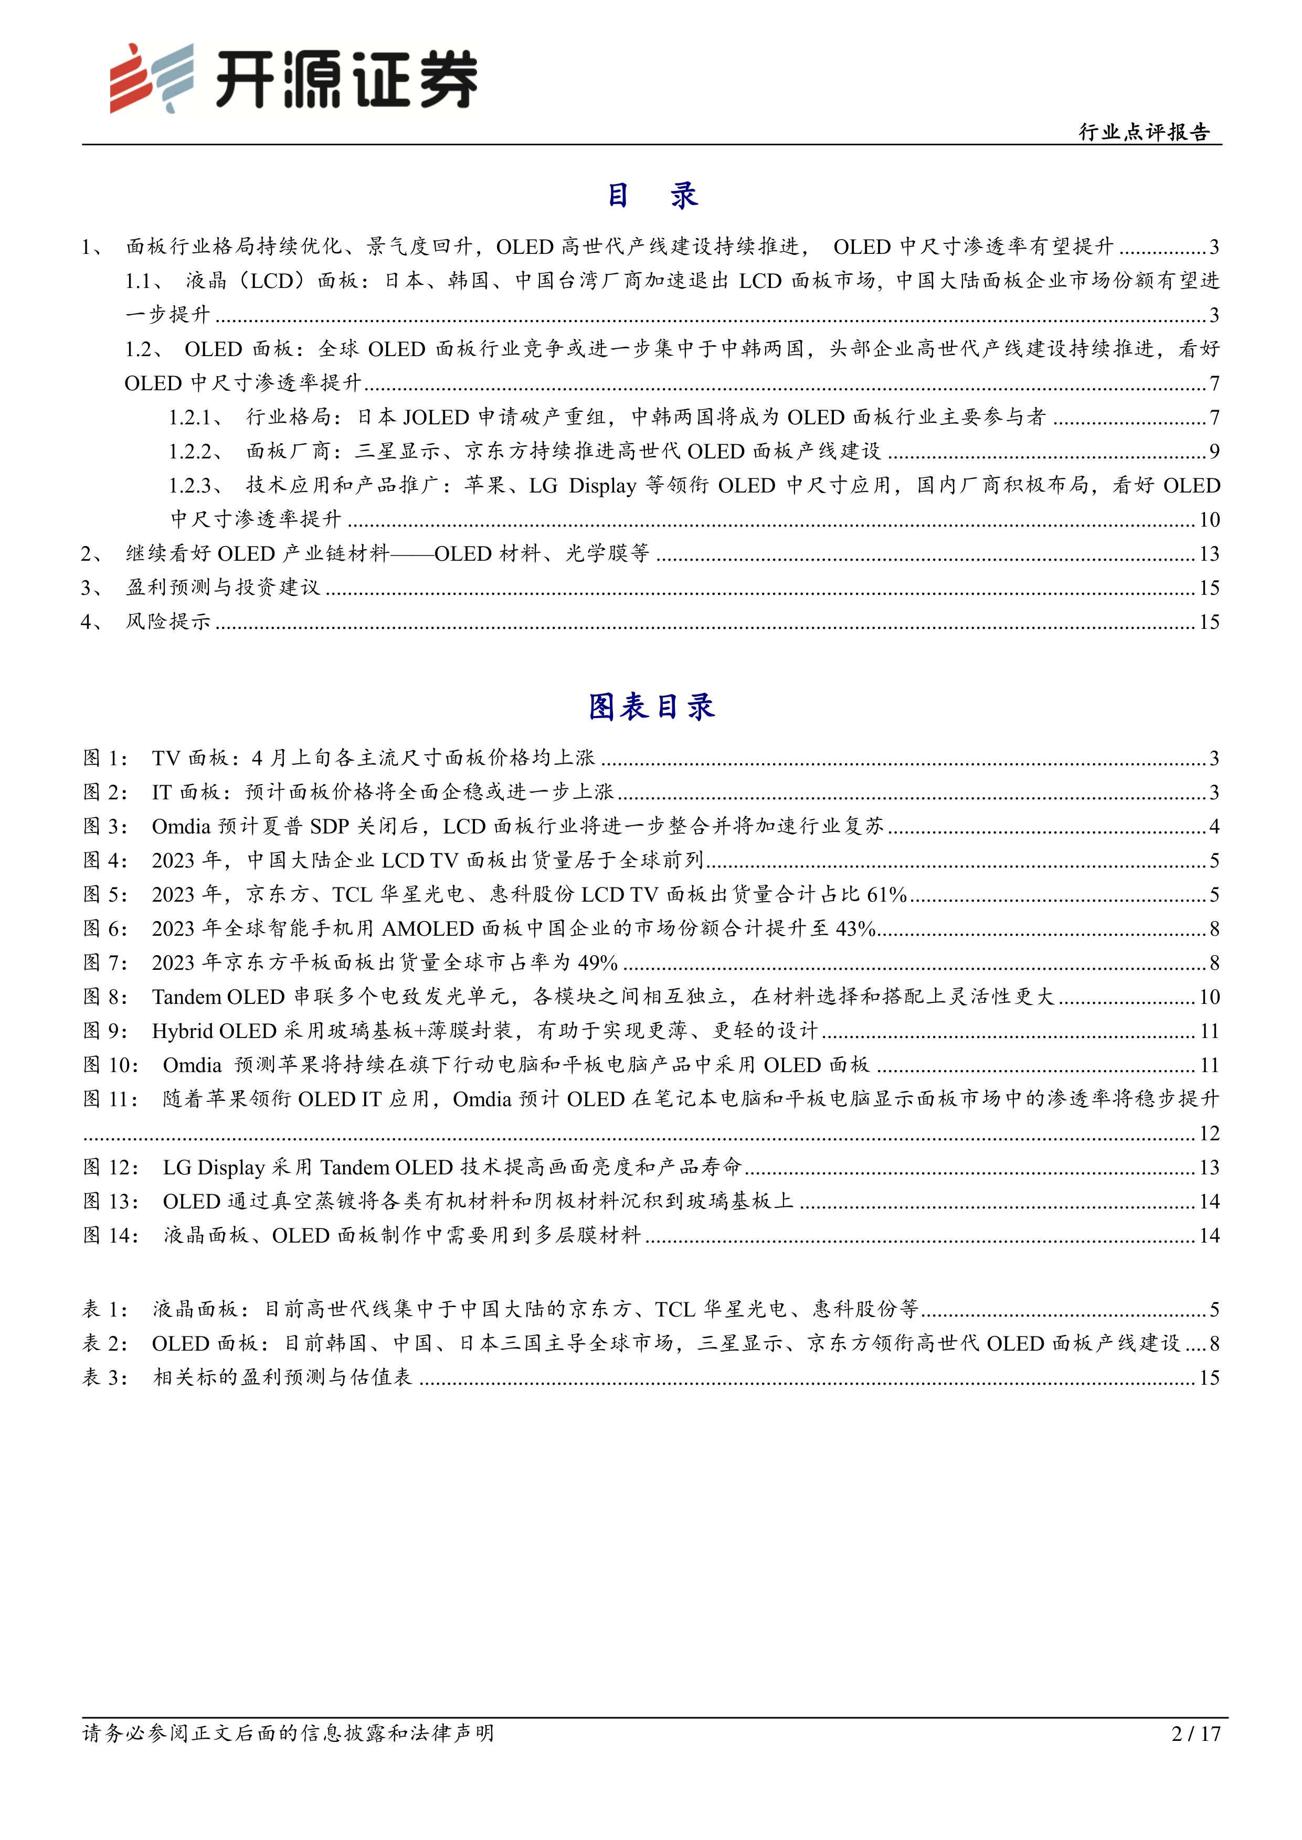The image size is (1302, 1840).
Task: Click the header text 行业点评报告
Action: (1144, 132)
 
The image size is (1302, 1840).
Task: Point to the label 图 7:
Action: (105, 962)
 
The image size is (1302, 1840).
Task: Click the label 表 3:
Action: (105, 1377)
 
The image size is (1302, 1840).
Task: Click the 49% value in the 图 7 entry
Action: (597, 962)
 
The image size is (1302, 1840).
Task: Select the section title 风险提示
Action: (167, 622)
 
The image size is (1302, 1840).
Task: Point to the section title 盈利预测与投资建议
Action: (223, 588)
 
